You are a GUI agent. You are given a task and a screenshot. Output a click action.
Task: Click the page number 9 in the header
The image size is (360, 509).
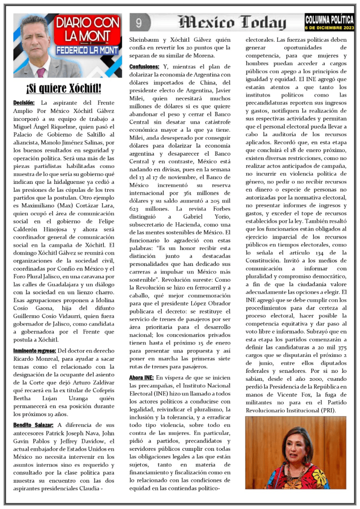[139, 22]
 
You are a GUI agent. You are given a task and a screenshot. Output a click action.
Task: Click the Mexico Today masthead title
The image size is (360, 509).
[233, 22]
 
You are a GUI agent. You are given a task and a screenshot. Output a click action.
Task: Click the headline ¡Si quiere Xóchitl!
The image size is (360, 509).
[64, 89]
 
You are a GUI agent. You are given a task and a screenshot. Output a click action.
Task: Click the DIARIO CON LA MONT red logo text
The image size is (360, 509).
[88, 30]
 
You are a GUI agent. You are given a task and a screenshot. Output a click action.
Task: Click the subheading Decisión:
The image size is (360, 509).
[24, 102]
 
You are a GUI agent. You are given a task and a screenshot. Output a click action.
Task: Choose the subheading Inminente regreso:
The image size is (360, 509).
[34, 351]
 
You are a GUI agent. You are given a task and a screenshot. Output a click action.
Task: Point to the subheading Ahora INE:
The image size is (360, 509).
[141, 378]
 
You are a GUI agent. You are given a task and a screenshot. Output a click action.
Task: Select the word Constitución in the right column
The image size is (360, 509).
[267, 260]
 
